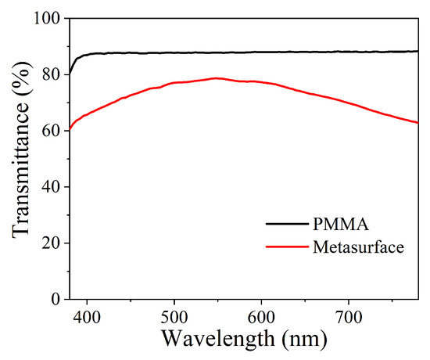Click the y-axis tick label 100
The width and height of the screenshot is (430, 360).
46,19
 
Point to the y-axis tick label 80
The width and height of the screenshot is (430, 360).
51,74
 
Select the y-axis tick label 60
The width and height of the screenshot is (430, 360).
51,131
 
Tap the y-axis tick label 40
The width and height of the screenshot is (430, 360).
51,187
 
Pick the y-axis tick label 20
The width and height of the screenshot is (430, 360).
51,243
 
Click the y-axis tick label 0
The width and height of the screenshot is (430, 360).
56,299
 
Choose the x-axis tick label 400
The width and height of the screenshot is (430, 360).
88,317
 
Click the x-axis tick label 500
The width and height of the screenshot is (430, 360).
174,317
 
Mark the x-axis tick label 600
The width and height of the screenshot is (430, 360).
261,317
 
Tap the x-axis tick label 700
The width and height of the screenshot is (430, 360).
348,317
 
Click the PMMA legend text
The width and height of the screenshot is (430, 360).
341,224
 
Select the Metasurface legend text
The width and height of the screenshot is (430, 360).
358,247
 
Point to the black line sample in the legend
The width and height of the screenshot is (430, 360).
287,224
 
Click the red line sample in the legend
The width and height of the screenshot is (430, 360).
287,247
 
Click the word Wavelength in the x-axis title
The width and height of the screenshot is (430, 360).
218,340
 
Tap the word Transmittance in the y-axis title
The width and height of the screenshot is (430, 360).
20,171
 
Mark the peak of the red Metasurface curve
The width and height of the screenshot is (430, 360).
216,78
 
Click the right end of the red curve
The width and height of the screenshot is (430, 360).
418,123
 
